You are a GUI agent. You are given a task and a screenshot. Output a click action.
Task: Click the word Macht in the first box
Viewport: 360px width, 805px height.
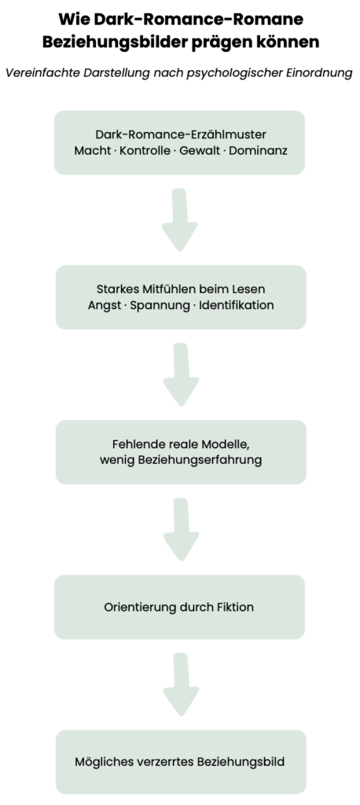(x=90, y=151)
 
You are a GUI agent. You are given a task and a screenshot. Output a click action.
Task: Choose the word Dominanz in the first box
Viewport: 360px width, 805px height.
(x=258, y=151)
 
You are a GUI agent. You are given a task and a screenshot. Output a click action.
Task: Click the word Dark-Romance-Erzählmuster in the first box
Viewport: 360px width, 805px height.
(x=181, y=134)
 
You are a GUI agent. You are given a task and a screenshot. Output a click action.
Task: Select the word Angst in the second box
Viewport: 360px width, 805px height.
(x=102, y=306)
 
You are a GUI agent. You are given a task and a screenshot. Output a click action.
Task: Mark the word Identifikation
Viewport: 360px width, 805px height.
(x=237, y=306)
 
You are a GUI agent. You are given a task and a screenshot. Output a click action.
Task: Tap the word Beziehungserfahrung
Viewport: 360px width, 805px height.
(x=200, y=460)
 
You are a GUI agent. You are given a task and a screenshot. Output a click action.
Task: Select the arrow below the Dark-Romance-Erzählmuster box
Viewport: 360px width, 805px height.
(x=180, y=219)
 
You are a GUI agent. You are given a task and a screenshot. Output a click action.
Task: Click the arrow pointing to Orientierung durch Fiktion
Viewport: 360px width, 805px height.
(x=182, y=529)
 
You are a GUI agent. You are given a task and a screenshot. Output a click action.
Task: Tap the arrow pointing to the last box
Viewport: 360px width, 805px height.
(x=182, y=685)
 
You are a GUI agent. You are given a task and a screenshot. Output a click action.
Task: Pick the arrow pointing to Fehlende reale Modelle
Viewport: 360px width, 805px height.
(x=182, y=374)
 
